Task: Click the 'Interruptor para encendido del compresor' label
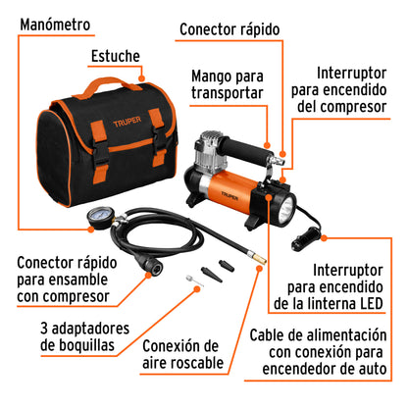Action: point(357,94)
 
